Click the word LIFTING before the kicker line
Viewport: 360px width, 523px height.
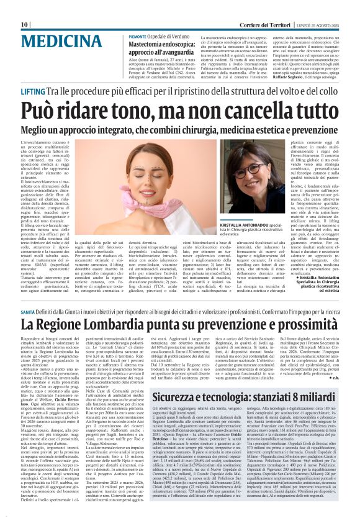[x=32, y=91]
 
